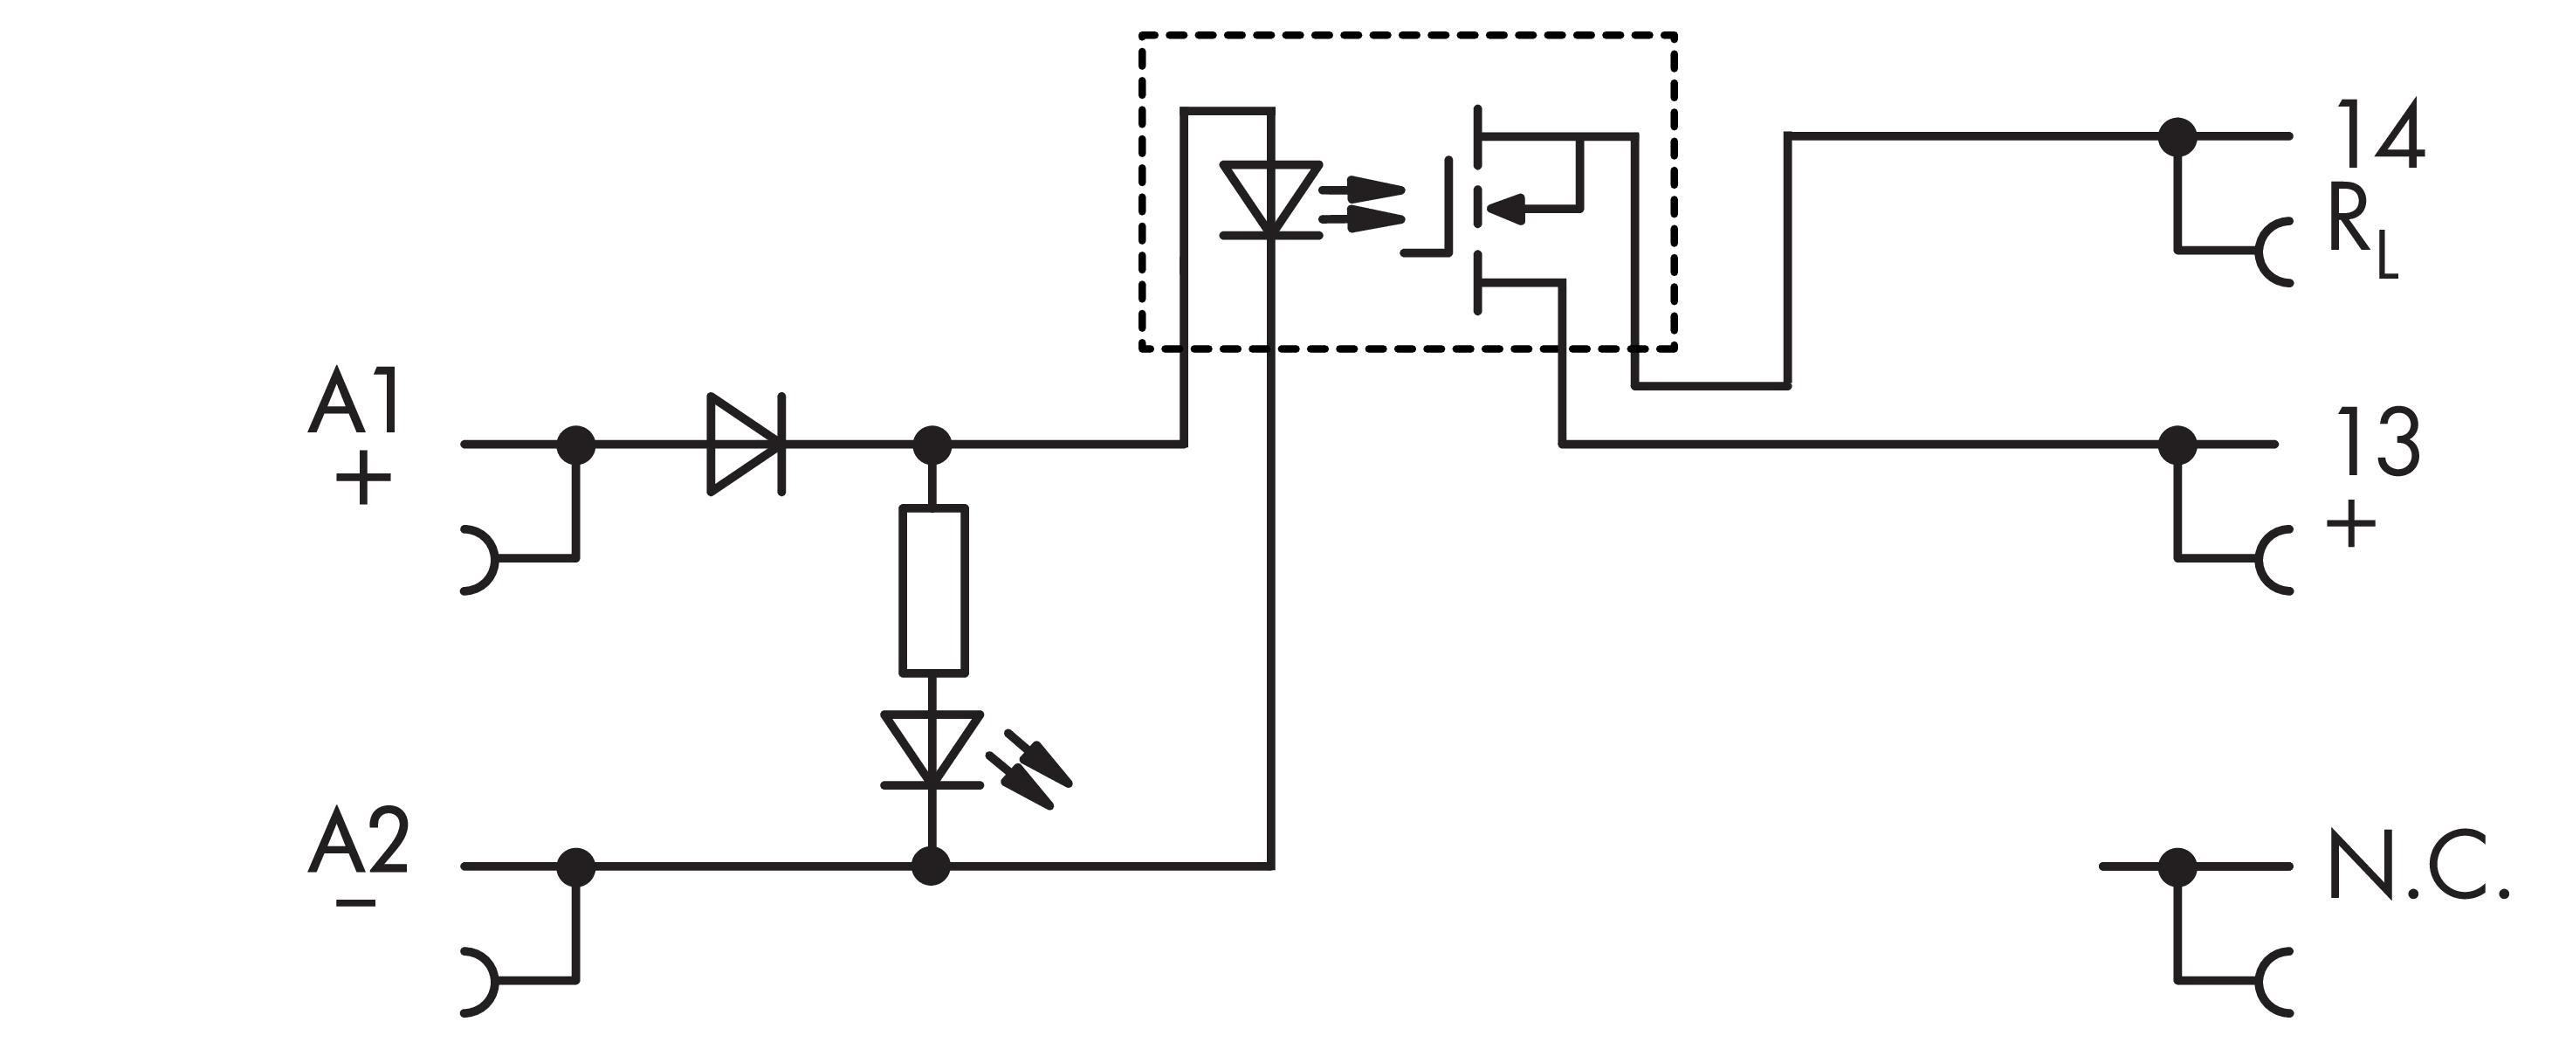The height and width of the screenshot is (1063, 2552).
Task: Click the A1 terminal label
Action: click(354, 400)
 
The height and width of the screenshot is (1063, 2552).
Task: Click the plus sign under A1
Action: click(363, 480)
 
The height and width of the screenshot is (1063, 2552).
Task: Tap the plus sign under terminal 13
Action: click(2351, 523)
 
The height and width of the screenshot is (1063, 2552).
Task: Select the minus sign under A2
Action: click(355, 903)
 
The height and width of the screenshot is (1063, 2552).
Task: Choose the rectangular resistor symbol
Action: click(933, 590)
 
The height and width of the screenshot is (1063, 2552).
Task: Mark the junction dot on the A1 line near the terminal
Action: click(575, 445)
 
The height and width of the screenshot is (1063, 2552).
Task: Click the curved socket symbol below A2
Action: click(478, 982)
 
